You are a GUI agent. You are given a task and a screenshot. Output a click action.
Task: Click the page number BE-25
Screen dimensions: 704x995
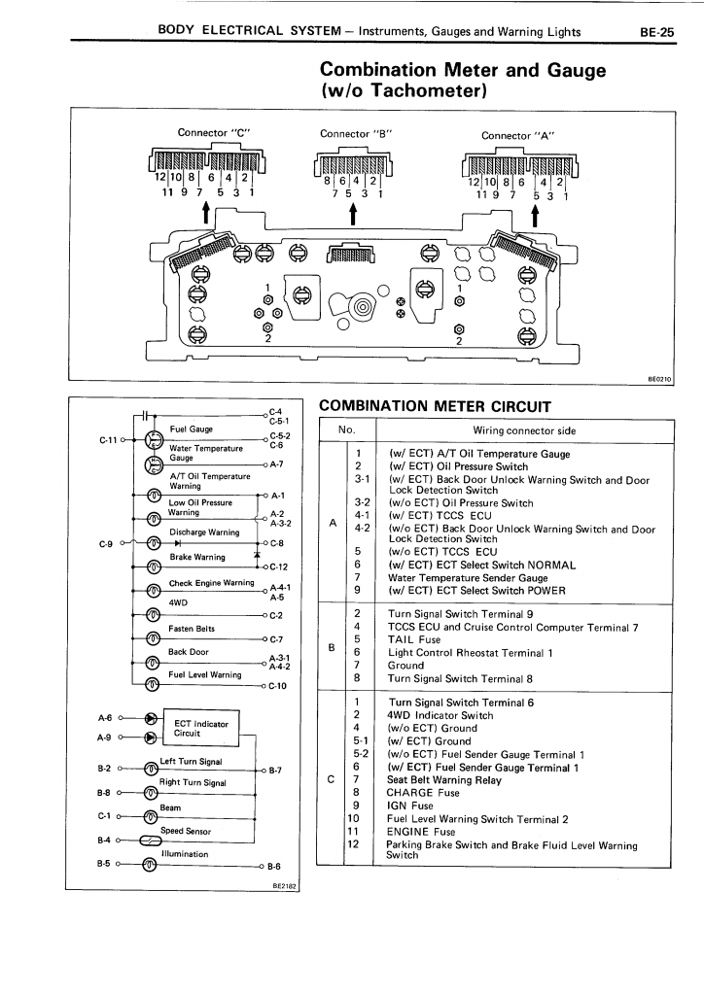pos(657,32)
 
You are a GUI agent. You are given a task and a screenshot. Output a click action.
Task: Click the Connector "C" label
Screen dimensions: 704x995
pos(214,132)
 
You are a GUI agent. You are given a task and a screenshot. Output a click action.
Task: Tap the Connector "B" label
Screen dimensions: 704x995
pos(356,134)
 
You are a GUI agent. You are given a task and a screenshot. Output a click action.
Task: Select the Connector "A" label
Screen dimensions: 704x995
pos(518,136)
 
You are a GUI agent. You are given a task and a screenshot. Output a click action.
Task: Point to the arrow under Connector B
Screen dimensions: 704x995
pos(353,216)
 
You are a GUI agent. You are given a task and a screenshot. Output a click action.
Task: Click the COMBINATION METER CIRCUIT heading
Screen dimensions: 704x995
pos(435,406)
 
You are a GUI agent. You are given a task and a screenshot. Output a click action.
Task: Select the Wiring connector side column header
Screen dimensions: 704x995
pos(524,430)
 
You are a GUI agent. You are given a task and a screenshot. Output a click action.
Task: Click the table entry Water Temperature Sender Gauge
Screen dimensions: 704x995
pos(468,578)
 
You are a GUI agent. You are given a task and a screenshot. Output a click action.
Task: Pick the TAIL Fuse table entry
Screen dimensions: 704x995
pos(414,639)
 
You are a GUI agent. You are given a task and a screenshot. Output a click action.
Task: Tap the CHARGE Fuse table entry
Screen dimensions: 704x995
pos(423,793)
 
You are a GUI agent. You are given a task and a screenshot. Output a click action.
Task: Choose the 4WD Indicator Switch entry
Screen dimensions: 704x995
pos(440,715)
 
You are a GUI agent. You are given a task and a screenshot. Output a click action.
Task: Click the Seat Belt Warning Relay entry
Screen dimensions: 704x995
pos(444,780)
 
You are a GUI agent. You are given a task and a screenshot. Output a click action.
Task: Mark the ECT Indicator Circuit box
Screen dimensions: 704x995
pos(201,728)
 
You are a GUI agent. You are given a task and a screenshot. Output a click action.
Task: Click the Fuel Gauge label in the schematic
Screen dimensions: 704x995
pos(192,429)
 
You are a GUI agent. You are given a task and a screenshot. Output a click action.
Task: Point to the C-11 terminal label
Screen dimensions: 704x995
pos(109,439)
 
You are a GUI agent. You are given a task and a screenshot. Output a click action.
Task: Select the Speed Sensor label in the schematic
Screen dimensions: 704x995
pos(186,831)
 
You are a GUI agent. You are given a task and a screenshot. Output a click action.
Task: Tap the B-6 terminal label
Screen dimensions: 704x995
pos(273,866)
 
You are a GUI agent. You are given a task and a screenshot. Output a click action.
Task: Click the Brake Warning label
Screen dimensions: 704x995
pos(196,557)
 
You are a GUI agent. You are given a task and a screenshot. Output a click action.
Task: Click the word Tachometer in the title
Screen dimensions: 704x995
pos(428,90)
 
